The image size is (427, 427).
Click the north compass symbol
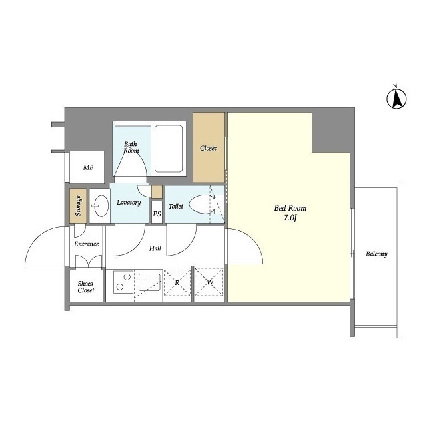coord(397,97)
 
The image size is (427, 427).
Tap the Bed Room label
coord(290,208)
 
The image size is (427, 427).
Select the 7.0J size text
coord(290,218)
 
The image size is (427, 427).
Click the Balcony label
coord(376,254)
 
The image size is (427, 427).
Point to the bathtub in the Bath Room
coord(169,149)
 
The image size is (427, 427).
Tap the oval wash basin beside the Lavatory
coord(100,206)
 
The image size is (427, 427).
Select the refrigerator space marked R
coord(177,283)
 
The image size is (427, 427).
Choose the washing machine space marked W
coord(209,282)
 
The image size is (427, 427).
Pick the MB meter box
coord(87,167)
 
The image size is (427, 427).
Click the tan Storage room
coord(78,206)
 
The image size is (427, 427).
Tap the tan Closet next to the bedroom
coord(209,147)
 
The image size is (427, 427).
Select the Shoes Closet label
coord(86,287)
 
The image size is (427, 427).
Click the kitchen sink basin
coord(149,282)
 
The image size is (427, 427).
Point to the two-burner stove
coord(123,282)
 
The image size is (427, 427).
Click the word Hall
coord(155,248)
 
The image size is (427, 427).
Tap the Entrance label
coord(87,244)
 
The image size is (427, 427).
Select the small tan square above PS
coord(157,191)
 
